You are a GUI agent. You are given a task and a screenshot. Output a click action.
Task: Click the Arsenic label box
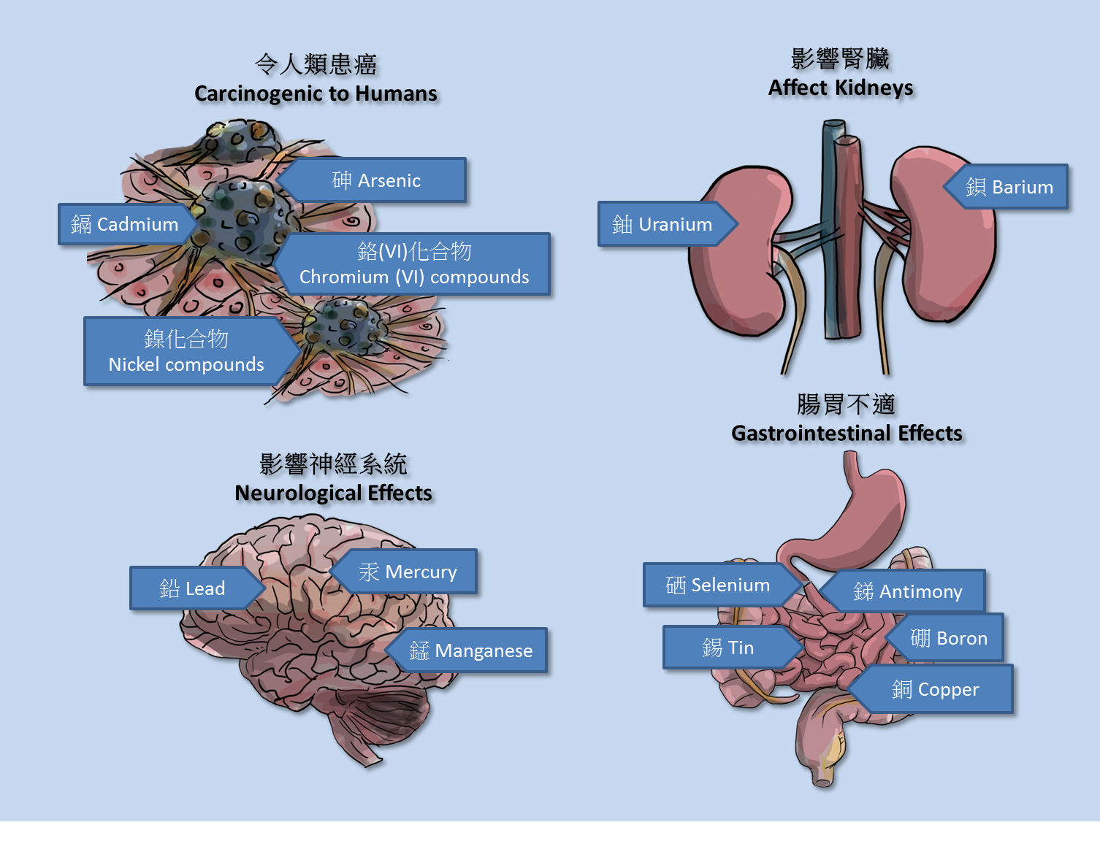coord(376,180)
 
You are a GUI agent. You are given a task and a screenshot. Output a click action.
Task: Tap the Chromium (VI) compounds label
coord(414,264)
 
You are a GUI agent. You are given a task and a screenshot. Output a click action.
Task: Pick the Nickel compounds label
coord(186,351)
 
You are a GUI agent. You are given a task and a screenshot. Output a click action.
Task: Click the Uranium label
coord(662,224)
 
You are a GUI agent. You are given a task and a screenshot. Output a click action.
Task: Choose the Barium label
coord(1009,187)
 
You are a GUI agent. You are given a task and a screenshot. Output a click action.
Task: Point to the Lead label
coord(192,588)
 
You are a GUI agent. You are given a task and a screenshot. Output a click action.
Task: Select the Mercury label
coord(408,572)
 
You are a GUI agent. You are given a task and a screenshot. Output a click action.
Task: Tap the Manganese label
coord(470,650)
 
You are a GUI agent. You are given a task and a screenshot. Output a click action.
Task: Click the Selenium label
coord(717,585)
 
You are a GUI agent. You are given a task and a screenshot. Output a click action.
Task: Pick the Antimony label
coord(907,591)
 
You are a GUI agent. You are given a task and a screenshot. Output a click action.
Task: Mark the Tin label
coord(727,648)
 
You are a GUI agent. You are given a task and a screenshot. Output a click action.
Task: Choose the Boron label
coord(948,638)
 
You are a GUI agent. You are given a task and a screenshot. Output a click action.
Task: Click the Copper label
coord(935,689)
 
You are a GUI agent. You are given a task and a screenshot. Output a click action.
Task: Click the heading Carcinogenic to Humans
coord(316,93)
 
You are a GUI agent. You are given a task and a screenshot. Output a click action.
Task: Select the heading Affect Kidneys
coord(841,88)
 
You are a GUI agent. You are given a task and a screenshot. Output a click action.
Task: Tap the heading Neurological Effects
coord(333,493)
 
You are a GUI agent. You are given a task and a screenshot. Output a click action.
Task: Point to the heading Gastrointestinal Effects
coord(847,433)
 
